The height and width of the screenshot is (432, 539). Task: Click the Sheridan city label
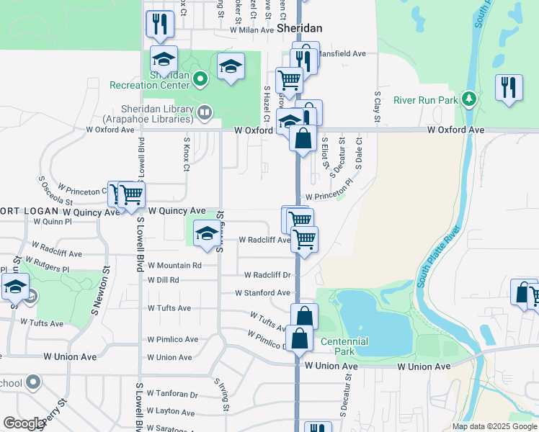pyautogui.click(x=299, y=28)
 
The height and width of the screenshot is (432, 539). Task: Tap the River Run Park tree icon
pyautogui.click(x=469, y=97)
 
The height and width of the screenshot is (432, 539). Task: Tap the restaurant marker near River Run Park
pyautogui.click(x=509, y=88)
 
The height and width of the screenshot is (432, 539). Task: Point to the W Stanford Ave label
pyautogui.click(x=262, y=293)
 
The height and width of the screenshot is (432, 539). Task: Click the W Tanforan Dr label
pyautogui.click(x=172, y=395)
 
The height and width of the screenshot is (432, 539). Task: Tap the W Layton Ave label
pyautogui.click(x=171, y=413)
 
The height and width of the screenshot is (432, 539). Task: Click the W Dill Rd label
pyautogui.click(x=163, y=280)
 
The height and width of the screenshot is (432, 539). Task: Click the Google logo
pyautogui.click(x=24, y=423)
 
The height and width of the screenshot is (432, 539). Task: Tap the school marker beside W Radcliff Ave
pyautogui.click(x=208, y=234)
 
